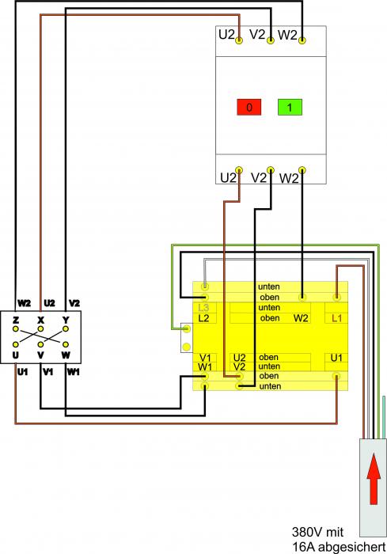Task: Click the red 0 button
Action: point(249,107)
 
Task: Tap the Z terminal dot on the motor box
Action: point(16,329)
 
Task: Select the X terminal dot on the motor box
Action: point(40,329)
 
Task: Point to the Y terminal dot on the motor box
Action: point(66,329)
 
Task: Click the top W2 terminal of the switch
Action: point(302,40)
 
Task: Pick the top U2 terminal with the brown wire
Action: point(239,40)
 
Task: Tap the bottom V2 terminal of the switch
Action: point(271,169)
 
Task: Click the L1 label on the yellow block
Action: point(337,318)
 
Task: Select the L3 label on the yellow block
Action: point(203,308)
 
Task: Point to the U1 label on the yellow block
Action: point(336,358)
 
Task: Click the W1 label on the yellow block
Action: point(205,366)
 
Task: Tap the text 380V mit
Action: point(317,532)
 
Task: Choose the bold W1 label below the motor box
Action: point(73,372)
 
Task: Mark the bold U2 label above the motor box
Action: point(50,303)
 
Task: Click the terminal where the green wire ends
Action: point(187,329)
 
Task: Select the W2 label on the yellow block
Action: point(301,318)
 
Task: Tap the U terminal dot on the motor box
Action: point(16,344)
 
